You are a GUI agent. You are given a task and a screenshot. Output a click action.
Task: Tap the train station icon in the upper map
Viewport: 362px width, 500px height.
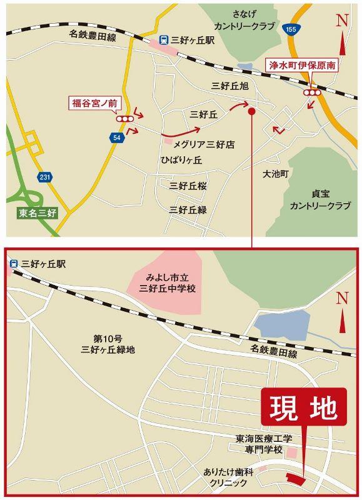(163, 39)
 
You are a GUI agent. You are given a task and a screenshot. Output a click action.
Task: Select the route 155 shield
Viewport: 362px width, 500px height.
(289, 29)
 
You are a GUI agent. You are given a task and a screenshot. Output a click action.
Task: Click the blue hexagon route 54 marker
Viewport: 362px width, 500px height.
(116, 137)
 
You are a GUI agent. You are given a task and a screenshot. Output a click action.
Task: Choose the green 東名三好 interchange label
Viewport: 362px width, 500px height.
(37, 213)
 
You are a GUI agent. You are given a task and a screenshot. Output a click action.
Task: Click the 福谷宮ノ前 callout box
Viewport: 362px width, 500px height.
(93, 102)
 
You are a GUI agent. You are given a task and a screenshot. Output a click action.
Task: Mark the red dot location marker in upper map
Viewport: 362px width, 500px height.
(251, 112)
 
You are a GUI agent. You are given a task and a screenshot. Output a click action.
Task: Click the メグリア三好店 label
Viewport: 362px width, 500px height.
(203, 144)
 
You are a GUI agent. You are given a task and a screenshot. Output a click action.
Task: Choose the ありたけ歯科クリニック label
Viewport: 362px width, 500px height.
(228, 477)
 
